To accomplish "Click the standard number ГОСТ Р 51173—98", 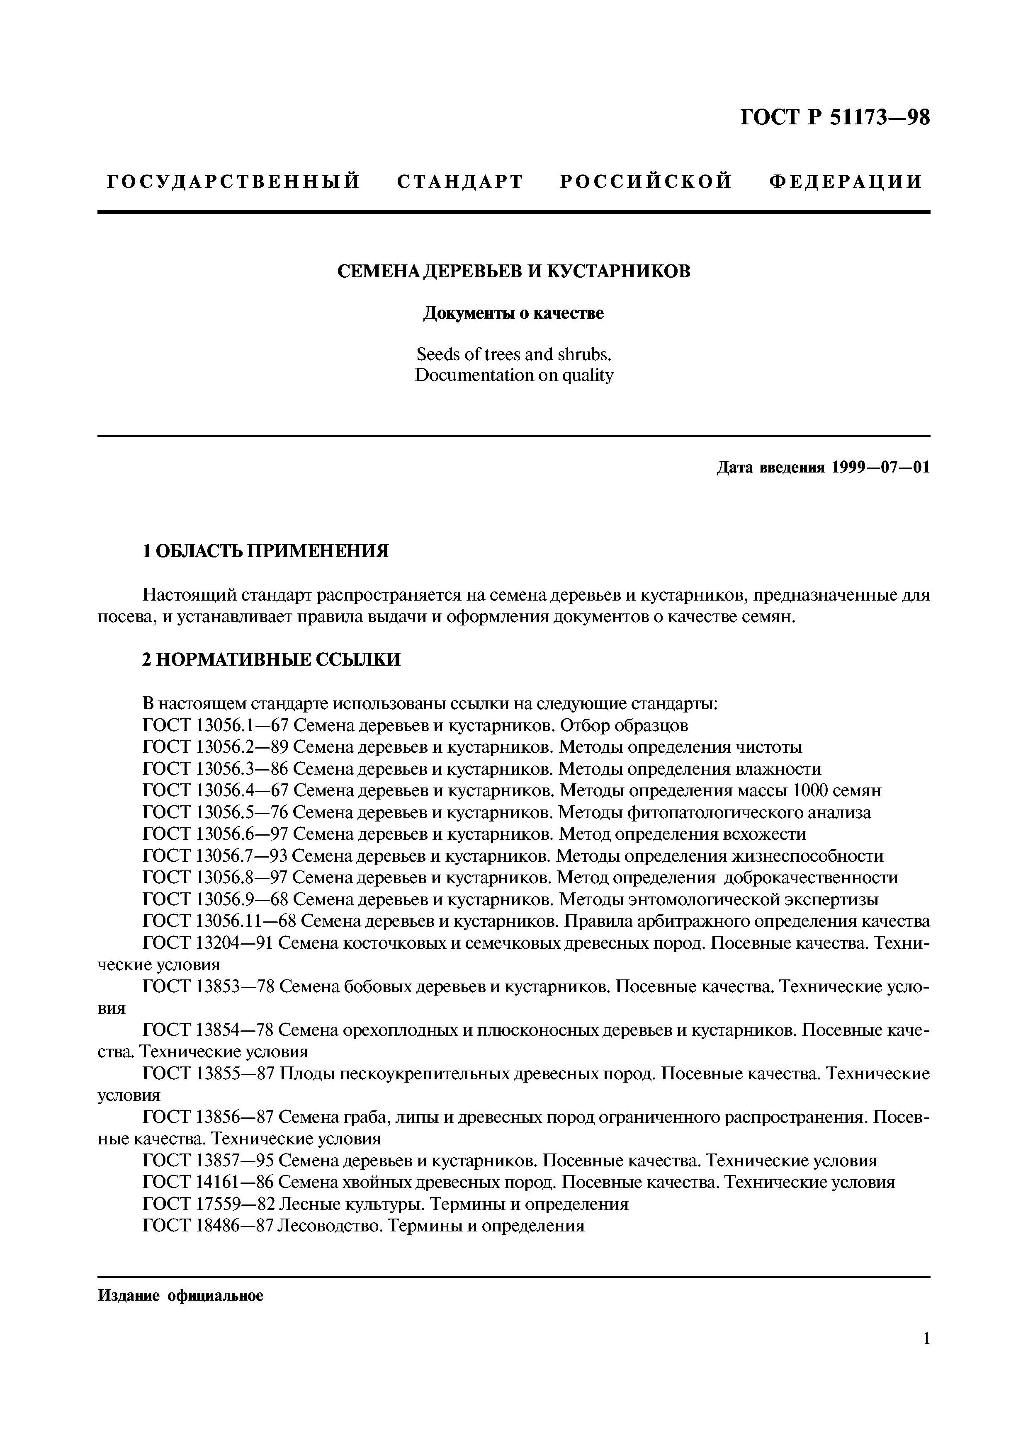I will coord(835,118).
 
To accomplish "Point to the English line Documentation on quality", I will coord(514,375).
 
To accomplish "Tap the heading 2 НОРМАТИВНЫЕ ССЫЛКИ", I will coord(272,659).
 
